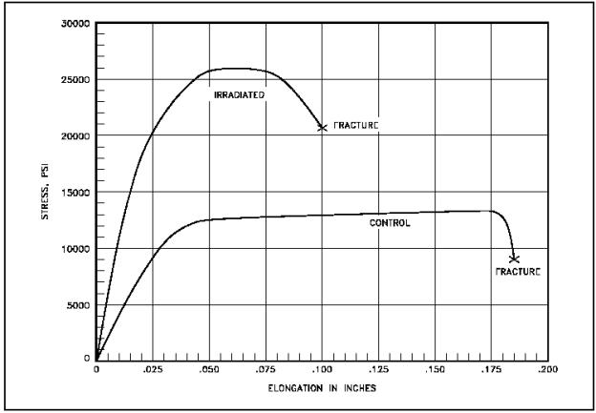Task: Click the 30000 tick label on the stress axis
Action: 74,24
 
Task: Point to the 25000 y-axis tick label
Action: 74,80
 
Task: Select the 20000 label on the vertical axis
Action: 74,136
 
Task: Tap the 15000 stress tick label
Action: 74,193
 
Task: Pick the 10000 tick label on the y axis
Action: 74,249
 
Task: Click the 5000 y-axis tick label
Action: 76,305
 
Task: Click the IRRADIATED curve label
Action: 238,95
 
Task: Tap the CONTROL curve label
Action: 390,223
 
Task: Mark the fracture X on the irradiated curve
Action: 322,127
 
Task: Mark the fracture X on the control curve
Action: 514,258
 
